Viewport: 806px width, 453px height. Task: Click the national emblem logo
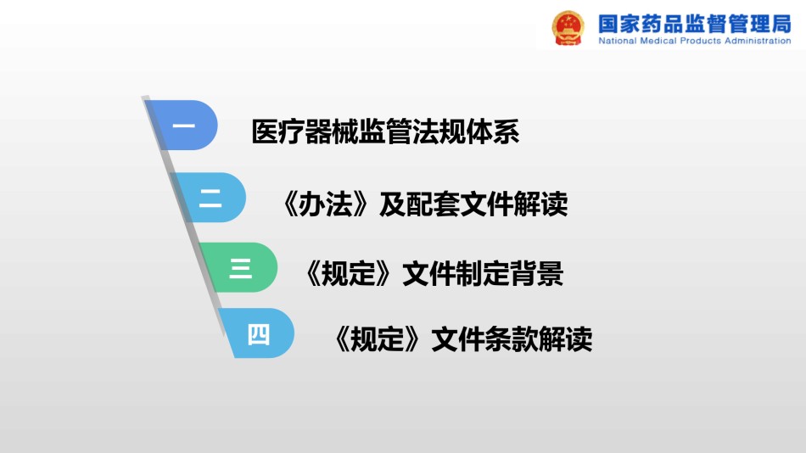(x=568, y=28)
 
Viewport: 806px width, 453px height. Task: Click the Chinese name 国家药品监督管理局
(x=695, y=24)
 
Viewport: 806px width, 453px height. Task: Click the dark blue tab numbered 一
(x=182, y=125)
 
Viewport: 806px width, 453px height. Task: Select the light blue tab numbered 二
(x=210, y=198)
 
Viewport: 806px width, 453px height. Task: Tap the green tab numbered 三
(x=239, y=267)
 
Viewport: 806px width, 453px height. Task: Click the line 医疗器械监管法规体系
(x=385, y=131)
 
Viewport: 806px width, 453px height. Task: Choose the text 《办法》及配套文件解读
(x=423, y=204)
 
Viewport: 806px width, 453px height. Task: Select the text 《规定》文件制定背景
(x=432, y=273)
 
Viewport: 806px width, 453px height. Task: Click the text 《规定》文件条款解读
(x=461, y=339)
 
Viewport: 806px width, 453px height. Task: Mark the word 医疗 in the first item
(x=278, y=131)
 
